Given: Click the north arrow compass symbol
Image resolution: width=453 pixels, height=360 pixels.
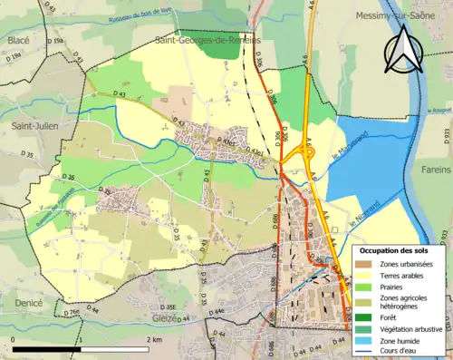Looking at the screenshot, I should click(x=402, y=50).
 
